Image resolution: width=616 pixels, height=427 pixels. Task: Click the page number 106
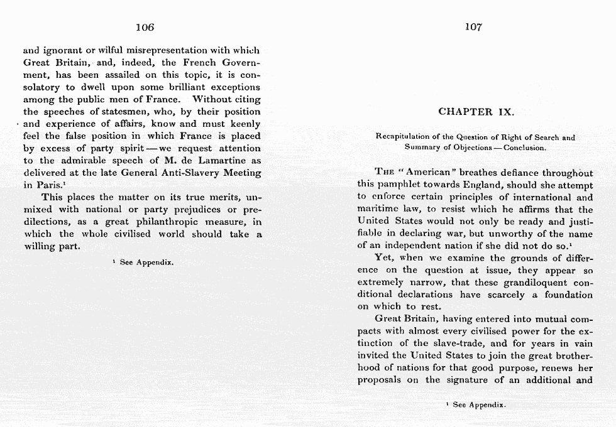coord(145,27)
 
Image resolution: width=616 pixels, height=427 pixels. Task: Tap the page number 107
coord(473,27)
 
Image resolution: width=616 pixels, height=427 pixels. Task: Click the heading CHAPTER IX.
coord(476,112)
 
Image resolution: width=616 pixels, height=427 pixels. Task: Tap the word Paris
coord(48,185)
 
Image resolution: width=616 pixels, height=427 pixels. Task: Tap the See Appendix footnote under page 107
coord(475,405)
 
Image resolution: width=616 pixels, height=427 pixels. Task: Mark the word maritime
coord(377,209)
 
